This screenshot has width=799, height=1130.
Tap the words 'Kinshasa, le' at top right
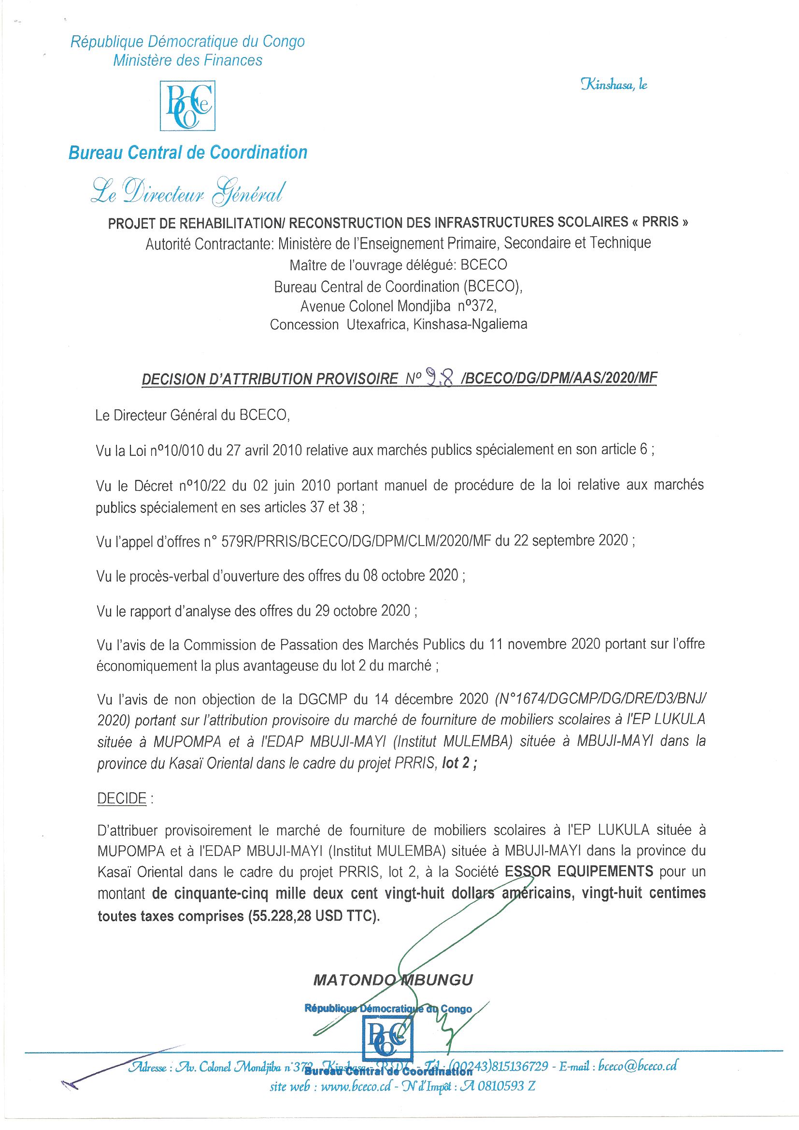click(x=614, y=85)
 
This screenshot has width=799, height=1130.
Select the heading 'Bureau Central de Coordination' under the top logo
click(x=188, y=153)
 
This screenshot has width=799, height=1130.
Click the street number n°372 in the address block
click(x=477, y=306)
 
